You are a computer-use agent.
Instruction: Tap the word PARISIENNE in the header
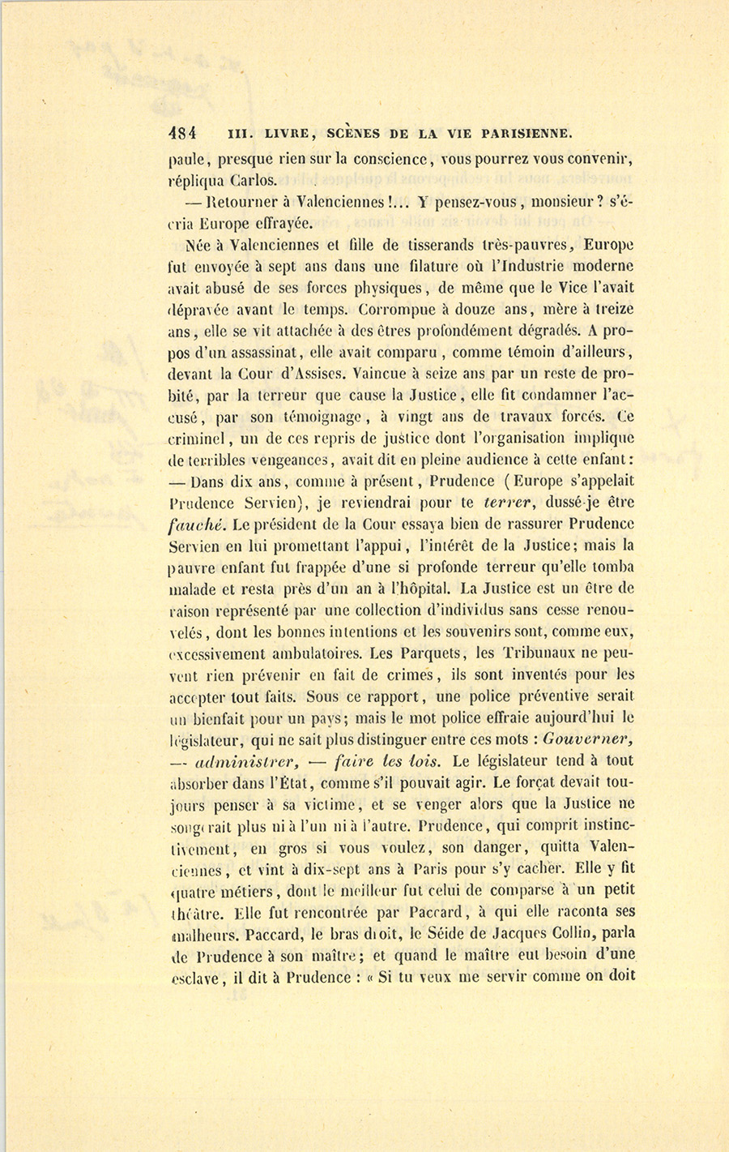(x=527, y=133)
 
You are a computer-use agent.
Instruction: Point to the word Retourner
(x=238, y=202)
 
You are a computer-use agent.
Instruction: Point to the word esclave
(x=195, y=978)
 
